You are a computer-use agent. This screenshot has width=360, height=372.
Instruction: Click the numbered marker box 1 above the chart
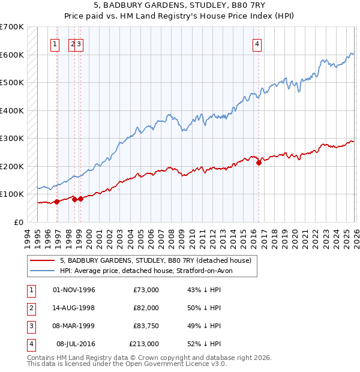(55, 43)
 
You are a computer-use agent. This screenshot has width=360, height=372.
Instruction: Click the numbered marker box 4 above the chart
(257, 43)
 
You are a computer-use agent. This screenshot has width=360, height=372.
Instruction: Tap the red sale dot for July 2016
(259, 163)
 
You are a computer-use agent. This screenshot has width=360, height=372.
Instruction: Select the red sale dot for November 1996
(56, 202)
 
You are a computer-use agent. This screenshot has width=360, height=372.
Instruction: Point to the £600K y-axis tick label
(11, 55)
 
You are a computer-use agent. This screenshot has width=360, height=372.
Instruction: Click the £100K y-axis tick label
(11, 194)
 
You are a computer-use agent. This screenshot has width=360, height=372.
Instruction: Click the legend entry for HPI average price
(150, 271)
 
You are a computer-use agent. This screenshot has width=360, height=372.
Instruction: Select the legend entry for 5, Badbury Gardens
(158, 260)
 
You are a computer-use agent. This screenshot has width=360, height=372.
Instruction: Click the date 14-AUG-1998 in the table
(74, 308)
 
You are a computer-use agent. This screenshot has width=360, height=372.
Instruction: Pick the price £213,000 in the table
(144, 344)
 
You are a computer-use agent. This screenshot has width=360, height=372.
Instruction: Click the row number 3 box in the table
(30, 326)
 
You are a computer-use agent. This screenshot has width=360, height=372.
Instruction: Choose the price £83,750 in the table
(144, 326)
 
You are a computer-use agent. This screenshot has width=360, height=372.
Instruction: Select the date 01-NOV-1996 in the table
(74, 290)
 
